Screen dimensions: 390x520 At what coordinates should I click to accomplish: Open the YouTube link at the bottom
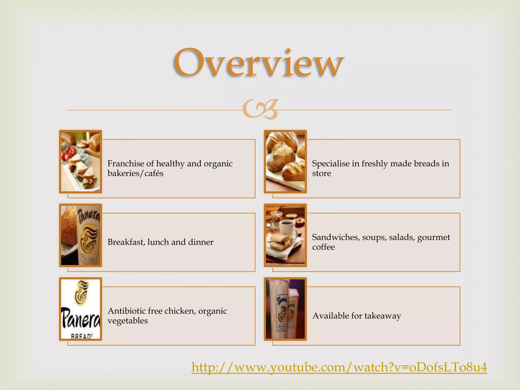pos(339,367)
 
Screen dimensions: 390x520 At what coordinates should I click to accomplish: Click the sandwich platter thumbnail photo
pos(80,162)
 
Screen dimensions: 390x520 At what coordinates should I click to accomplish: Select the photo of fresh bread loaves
pos(285,162)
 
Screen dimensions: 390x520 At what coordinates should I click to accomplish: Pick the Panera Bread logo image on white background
pos(80,309)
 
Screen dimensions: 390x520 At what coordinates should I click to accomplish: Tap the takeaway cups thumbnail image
pos(285,309)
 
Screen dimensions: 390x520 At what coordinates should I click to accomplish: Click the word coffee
pos(323,247)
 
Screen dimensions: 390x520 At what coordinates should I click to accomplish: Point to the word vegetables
pos(127,321)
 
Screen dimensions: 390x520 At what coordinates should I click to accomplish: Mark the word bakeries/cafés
pos(135,173)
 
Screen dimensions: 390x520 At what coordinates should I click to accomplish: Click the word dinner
pos(201,242)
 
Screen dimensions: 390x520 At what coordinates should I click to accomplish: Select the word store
pos(321,173)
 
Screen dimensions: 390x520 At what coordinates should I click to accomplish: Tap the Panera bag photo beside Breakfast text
pos(80,235)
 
